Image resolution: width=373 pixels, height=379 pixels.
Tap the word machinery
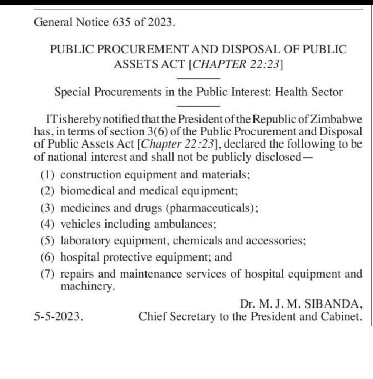[x=85, y=286]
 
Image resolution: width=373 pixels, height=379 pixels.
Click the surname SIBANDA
[x=332, y=304]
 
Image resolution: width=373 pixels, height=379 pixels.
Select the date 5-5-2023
[x=58, y=316]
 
